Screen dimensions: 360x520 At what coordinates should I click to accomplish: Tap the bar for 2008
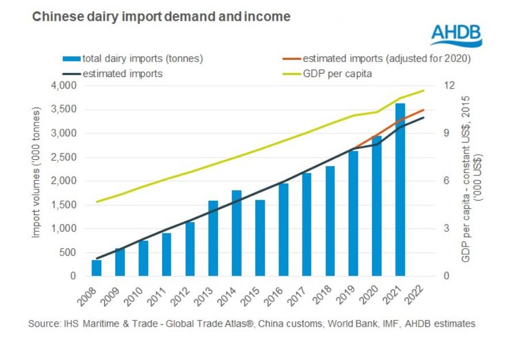[x=97, y=268]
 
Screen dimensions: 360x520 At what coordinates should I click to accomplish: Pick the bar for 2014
[x=236, y=233]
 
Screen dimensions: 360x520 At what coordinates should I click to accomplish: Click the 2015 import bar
[x=260, y=238]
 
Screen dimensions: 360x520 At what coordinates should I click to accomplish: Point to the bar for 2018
[x=330, y=221]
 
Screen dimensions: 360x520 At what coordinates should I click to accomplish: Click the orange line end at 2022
[x=424, y=110]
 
